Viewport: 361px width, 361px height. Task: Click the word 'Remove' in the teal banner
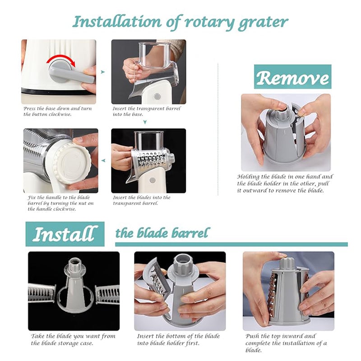click(292, 77)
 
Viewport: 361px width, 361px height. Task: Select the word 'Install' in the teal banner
click(65, 234)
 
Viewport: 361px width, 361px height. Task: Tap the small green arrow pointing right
click(103, 71)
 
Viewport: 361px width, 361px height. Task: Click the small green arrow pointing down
click(145, 122)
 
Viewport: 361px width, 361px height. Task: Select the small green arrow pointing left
click(103, 160)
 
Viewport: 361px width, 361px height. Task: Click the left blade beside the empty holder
click(42, 293)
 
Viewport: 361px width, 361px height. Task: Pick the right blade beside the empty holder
click(107, 294)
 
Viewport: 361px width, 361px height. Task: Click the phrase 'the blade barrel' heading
click(162, 233)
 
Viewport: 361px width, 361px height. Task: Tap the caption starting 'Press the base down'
click(54, 111)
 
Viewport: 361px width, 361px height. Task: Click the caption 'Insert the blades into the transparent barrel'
click(142, 200)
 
